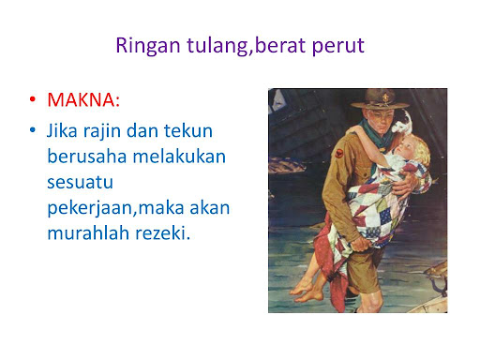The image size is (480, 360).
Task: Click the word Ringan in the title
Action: click(x=148, y=46)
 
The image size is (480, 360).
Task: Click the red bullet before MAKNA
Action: click(x=33, y=99)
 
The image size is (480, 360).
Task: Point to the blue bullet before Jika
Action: click(x=33, y=129)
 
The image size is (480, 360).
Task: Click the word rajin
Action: click(x=102, y=131)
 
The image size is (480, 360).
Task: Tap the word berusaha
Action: click(x=87, y=157)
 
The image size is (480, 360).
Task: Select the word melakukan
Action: click(x=179, y=157)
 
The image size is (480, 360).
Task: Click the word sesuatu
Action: click(x=80, y=183)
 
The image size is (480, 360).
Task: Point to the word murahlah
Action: click(x=88, y=233)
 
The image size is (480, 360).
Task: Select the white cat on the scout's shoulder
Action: click(x=402, y=123)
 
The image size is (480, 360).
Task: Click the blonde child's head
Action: click(x=412, y=148)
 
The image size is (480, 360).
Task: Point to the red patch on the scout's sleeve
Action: click(x=339, y=153)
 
